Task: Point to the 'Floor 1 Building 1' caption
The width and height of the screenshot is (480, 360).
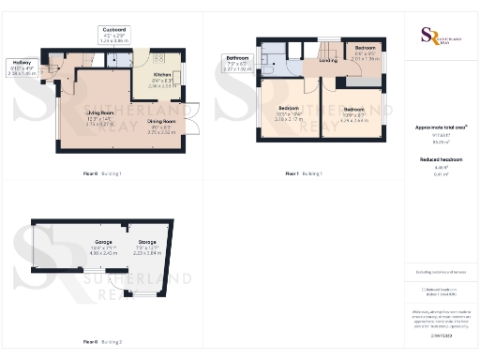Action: [x=305, y=174]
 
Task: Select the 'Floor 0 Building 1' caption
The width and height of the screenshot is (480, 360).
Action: [x=104, y=174]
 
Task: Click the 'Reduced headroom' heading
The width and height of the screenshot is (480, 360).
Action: [x=442, y=160]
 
